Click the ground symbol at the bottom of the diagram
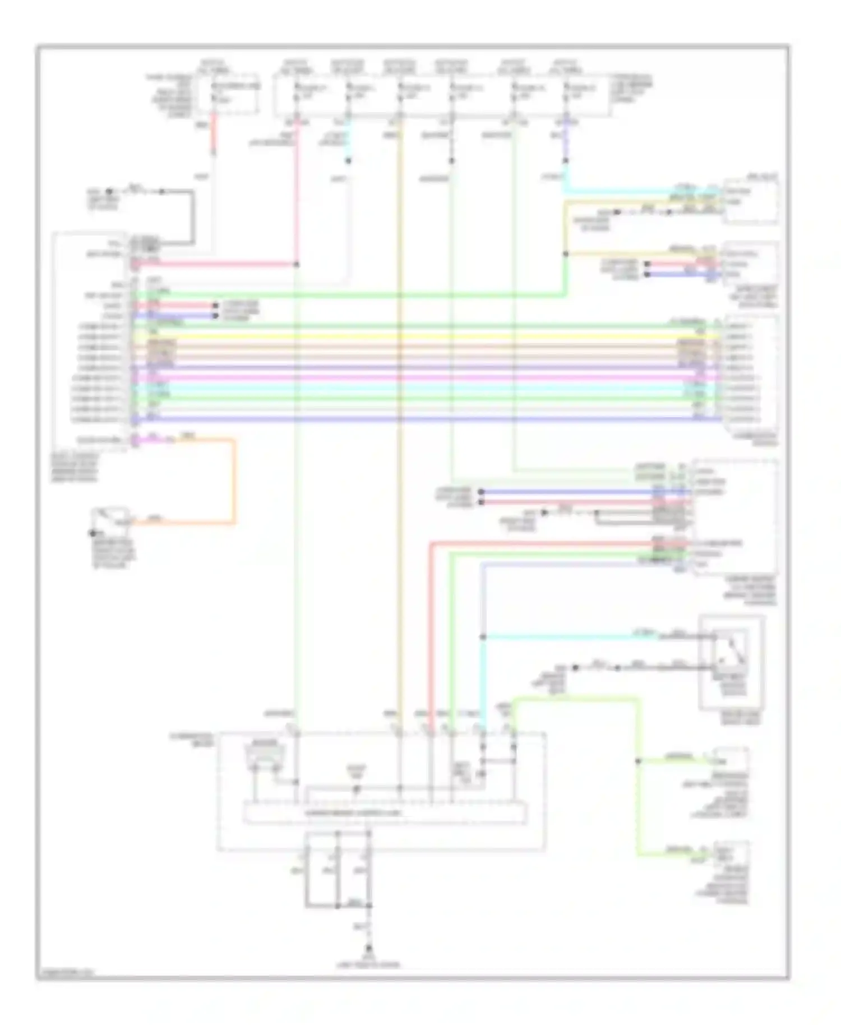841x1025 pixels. [x=369, y=949]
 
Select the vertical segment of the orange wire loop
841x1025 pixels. [x=233, y=482]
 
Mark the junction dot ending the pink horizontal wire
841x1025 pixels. [x=297, y=264]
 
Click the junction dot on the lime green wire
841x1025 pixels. [x=637, y=761]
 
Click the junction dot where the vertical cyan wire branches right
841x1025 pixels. [x=483, y=637]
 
